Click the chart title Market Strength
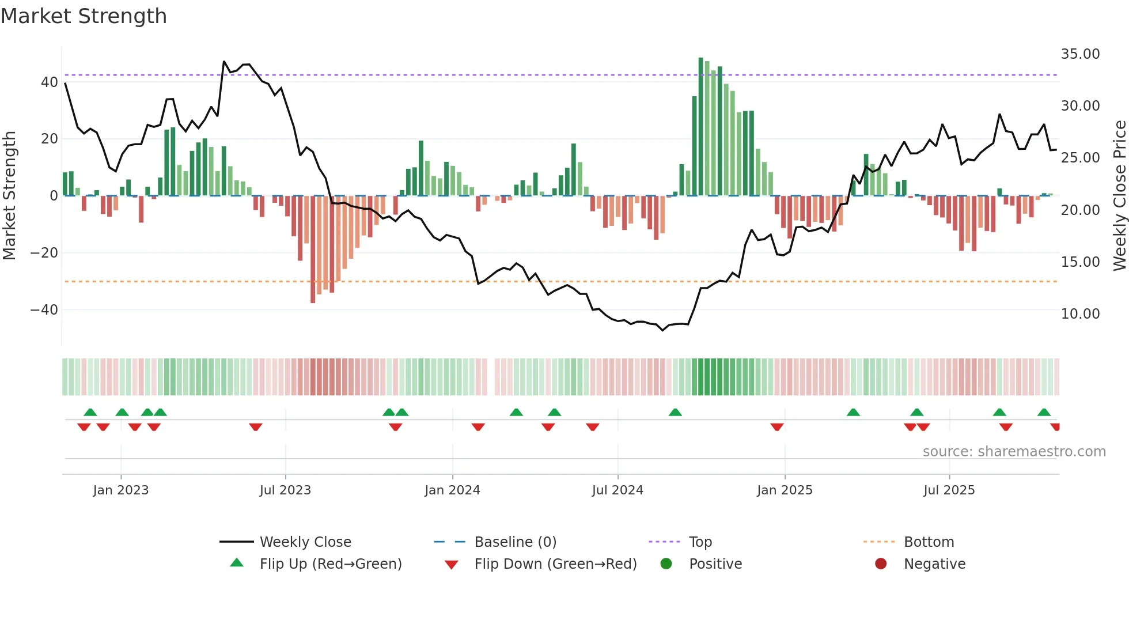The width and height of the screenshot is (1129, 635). pyautogui.click(x=84, y=16)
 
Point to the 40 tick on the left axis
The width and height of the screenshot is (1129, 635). pyautogui.click(x=49, y=82)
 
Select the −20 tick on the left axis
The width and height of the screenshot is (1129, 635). pyautogui.click(x=44, y=253)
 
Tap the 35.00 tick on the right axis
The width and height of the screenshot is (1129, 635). pyautogui.click(x=1080, y=54)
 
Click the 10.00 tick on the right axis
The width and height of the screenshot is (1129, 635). pyautogui.click(x=1080, y=314)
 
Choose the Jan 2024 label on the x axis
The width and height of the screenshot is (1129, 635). pyautogui.click(x=452, y=490)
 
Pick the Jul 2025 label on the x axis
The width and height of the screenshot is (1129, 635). pyautogui.click(x=949, y=490)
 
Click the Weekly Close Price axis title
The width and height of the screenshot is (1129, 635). pyautogui.click(x=1119, y=196)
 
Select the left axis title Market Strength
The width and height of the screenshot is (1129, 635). pyautogui.click(x=9, y=196)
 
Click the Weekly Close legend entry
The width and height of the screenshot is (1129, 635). pyautogui.click(x=305, y=542)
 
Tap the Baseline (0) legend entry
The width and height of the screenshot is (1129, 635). pyautogui.click(x=515, y=542)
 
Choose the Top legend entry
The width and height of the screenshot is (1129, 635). pyautogui.click(x=700, y=542)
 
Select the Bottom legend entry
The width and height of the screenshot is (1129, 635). pyautogui.click(x=929, y=542)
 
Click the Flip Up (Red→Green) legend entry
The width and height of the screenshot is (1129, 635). pyautogui.click(x=330, y=564)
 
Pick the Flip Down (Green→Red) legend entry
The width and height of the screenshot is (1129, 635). pyautogui.click(x=555, y=564)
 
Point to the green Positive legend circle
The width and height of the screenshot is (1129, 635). pyautogui.click(x=666, y=564)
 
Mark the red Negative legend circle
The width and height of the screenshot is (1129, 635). pyautogui.click(x=881, y=564)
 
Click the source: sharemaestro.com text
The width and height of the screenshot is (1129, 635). pyautogui.click(x=1014, y=452)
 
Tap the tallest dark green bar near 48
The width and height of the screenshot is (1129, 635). pyautogui.click(x=701, y=127)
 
